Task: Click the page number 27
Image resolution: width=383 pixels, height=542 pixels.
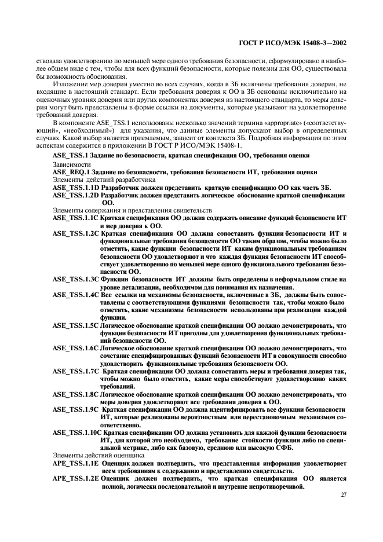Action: pos(342,496)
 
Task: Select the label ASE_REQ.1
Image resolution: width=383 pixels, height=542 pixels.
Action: pos(71,172)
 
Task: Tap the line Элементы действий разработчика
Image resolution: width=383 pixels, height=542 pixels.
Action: pos(100,180)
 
